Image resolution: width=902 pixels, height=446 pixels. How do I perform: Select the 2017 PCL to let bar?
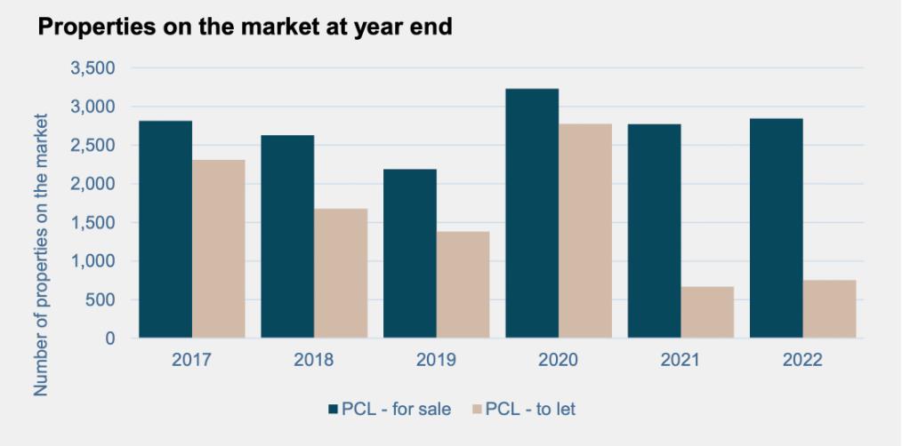(218, 249)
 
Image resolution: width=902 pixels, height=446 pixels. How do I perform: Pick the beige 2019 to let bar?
(463, 284)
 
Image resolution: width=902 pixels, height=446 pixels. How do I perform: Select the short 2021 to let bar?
(707, 312)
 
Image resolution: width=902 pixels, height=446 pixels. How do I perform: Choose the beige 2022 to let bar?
(829, 309)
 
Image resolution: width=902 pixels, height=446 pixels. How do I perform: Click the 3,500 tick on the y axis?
(92, 68)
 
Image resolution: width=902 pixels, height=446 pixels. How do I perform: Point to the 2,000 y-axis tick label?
(92, 184)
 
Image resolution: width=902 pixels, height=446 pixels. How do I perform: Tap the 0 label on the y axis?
(109, 338)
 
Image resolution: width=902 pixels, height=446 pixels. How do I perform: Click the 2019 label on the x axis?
(435, 360)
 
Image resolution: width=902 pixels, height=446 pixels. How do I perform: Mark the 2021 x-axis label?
(680, 360)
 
